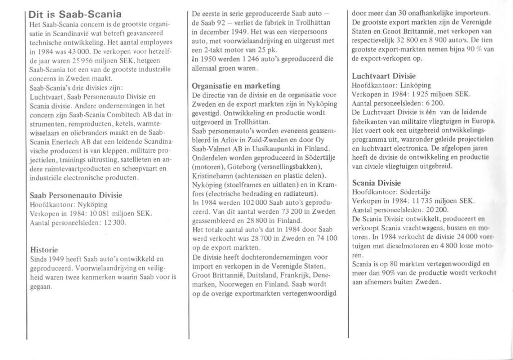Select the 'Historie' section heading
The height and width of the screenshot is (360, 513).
pyautogui.click(x=44, y=249)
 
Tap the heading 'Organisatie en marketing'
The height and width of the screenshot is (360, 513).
pyautogui.click(x=236, y=86)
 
